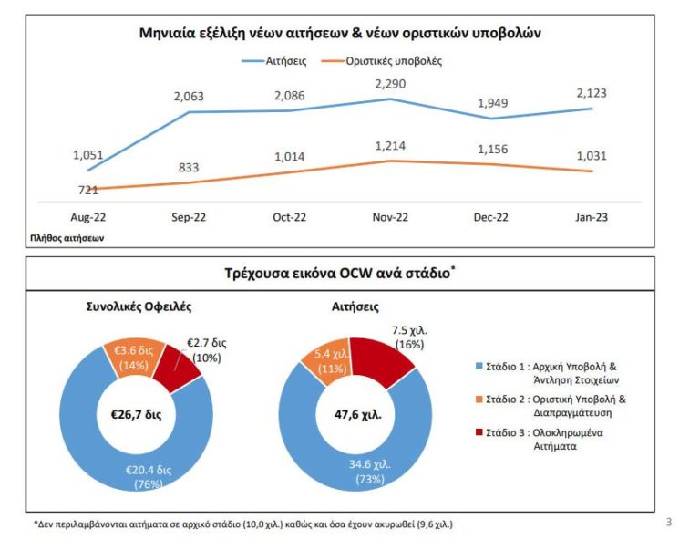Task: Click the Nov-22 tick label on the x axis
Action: click(x=390, y=218)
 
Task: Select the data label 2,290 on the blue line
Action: click(x=390, y=83)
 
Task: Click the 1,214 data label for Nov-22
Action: click(x=390, y=146)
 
